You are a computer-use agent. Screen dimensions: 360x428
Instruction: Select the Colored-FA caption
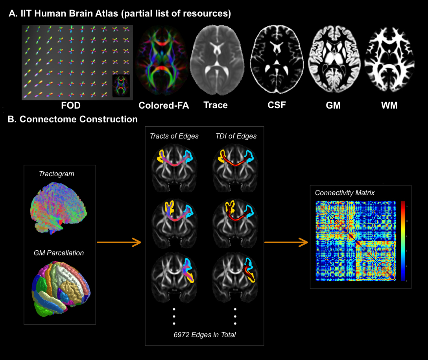tap(164, 105)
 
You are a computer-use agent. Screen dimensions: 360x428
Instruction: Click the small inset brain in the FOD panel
tap(121, 86)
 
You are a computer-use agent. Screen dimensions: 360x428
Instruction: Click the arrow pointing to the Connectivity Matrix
tap(286, 243)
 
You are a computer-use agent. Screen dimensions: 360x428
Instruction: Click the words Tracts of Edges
tap(174, 137)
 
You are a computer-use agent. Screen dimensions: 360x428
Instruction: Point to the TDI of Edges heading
tap(236, 137)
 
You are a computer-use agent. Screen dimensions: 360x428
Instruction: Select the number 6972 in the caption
tap(182, 335)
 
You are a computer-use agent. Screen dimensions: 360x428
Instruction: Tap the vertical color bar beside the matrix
tap(403, 241)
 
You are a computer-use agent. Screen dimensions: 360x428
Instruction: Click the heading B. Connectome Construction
tap(73, 119)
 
